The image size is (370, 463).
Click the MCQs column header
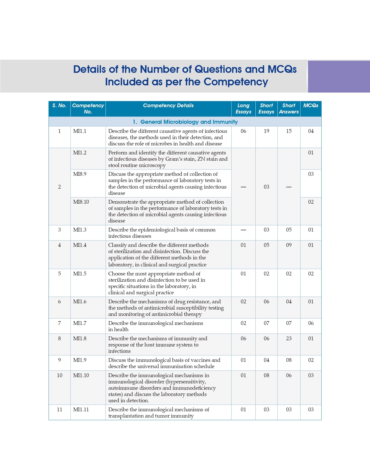point(311,105)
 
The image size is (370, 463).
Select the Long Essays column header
point(243,108)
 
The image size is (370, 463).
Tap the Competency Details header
point(168,105)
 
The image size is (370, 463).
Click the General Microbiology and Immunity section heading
point(185,122)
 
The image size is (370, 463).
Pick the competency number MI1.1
point(80,131)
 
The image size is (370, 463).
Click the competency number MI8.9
point(80,174)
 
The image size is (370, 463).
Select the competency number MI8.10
point(81,202)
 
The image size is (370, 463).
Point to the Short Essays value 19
point(266,131)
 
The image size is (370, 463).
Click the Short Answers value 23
point(289,338)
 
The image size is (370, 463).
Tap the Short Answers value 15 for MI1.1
point(289,131)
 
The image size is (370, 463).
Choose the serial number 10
point(59,375)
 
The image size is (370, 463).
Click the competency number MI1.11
point(81,410)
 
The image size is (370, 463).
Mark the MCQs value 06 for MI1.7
point(311,323)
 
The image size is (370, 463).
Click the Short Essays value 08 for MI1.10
point(266,375)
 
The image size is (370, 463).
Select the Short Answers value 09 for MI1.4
point(289,245)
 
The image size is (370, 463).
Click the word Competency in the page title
point(236,82)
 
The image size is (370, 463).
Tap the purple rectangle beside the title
point(339,77)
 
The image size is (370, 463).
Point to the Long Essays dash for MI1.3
point(243,230)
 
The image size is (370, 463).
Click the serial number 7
point(59,323)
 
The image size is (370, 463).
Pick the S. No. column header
point(59,105)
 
